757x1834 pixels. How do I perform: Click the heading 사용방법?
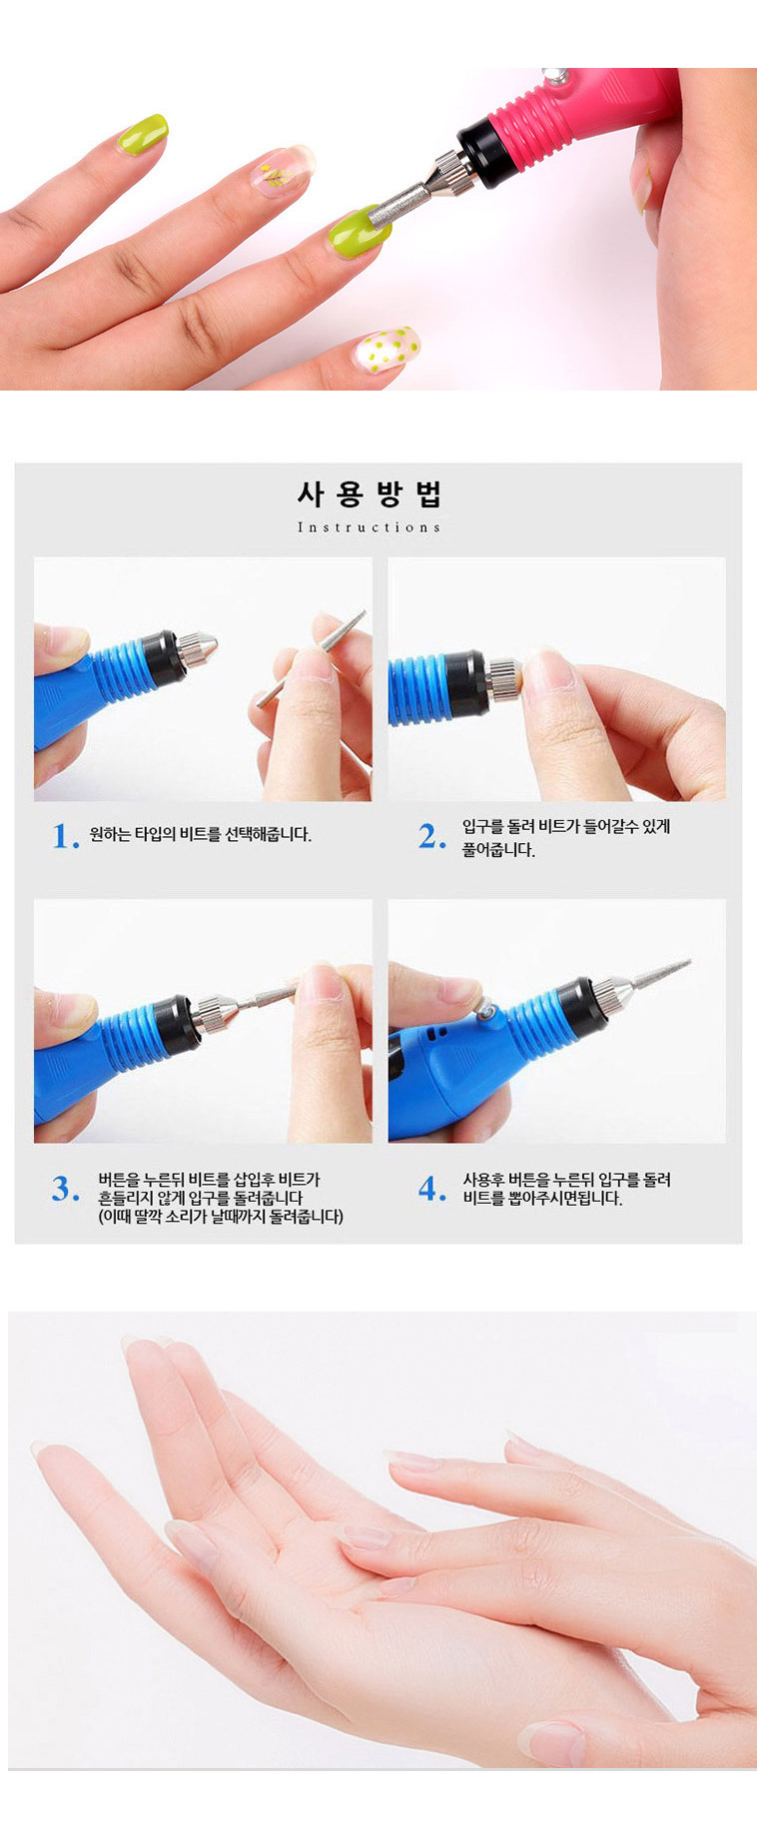(370, 494)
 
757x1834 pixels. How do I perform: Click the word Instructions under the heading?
(369, 527)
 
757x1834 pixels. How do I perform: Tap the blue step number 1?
(65, 836)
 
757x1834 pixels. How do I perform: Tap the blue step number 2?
(431, 836)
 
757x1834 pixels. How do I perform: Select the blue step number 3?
(66, 1189)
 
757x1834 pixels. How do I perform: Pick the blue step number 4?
(432, 1189)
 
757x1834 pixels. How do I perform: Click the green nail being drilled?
(358, 234)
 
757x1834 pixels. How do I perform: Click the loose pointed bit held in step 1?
(311, 659)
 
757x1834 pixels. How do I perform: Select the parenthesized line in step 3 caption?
(221, 1217)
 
